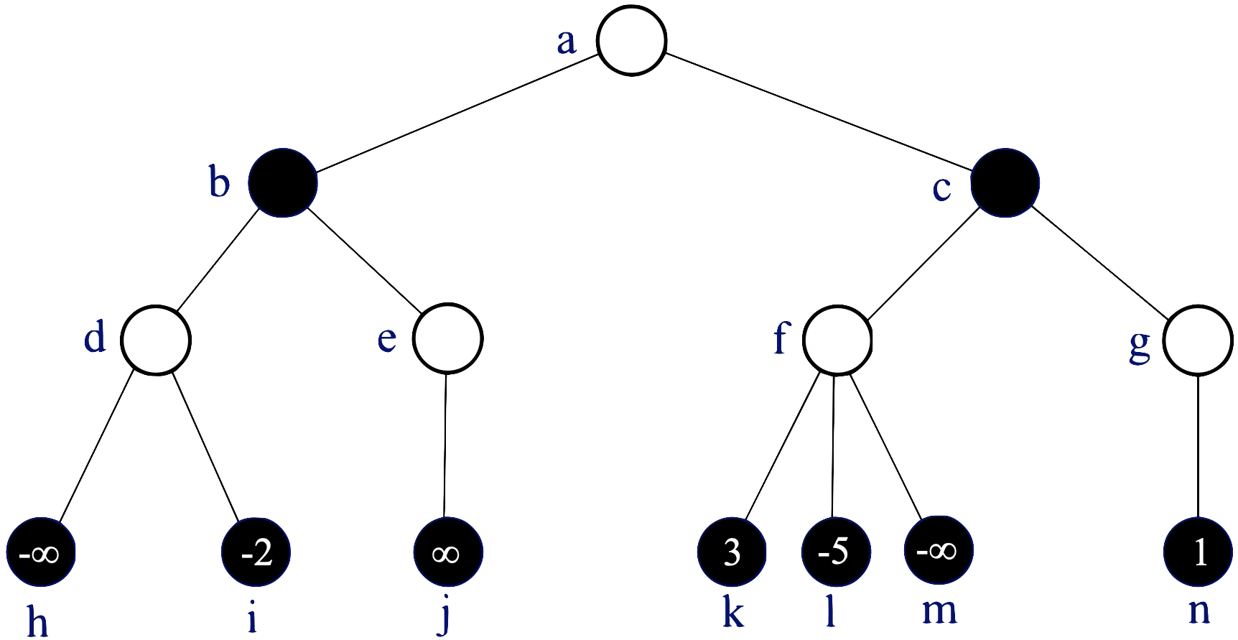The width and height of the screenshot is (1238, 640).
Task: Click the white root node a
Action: pyautogui.click(x=632, y=41)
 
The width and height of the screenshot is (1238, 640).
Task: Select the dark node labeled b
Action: pyautogui.click(x=283, y=182)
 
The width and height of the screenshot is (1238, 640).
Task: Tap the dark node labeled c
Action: pyautogui.click(x=1005, y=182)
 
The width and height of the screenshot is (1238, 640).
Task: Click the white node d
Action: pyautogui.click(x=156, y=340)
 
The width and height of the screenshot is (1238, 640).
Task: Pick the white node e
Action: pyautogui.click(x=447, y=340)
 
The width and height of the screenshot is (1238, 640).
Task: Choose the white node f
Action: pyautogui.click(x=837, y=340)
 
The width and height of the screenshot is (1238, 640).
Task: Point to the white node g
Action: pyautogui.click(x=1197, y=340)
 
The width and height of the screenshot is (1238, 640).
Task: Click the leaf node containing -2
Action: pyautogui.click(x=257, y=553)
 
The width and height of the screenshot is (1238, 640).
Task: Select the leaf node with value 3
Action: pyautogui.click(x=732, y=553)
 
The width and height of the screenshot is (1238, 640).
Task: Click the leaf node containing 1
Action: pyautogui.click(x=1198, y=553)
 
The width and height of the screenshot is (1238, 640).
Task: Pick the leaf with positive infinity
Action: pyautogui.click(x=447, y=553)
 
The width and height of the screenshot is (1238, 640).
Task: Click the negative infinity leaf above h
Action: pyautogui.click(x=41, y=553)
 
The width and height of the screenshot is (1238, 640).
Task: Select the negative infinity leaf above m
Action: pyautogui.click(x=939, y=552)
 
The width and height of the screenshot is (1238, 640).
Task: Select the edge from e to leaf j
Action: pyautogui.click(x=445, y=445)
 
